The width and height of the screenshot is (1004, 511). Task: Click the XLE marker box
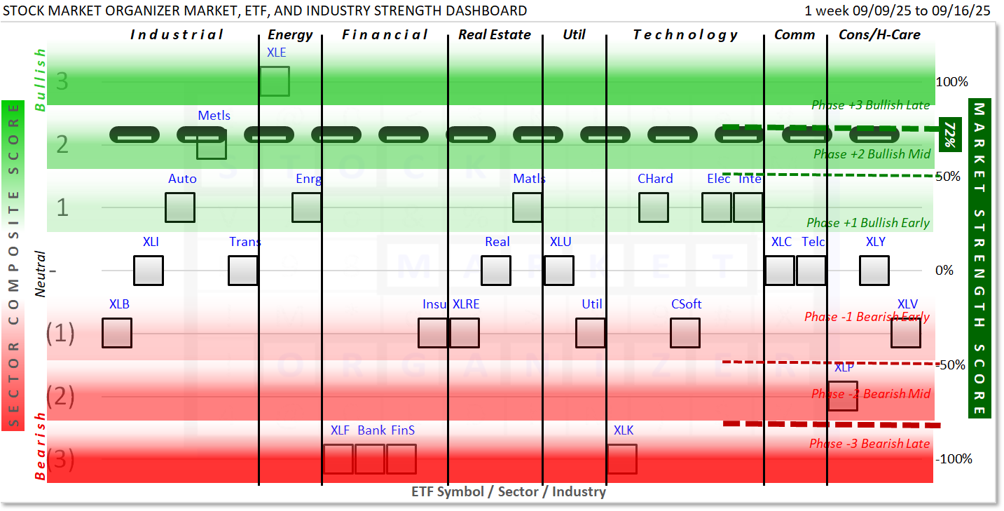coord(275,81)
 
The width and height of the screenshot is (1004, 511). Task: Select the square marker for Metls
coord(211,144)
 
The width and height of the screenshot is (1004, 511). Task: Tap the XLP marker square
coord(842,396)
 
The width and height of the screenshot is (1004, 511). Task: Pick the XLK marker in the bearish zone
coord(621,459)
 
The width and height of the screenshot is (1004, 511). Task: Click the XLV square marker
coord(906,333)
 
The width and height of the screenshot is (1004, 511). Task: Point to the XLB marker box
coord(116,333)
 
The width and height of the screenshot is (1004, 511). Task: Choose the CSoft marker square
coord(685,333)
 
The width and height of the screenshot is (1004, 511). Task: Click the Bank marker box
coord(369,459)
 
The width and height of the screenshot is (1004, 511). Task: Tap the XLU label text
coord(561,242)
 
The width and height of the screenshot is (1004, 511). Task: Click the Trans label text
coord(245,242)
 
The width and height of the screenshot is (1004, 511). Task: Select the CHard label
coord(655,179)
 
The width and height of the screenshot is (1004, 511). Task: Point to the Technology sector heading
coord(685,34)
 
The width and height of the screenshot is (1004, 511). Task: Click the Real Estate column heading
coord(495,34)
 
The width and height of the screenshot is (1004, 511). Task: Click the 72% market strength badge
coord(949,133)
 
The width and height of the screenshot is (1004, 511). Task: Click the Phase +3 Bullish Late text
coord(870,105)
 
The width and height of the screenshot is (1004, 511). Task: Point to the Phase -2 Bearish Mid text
coord(871,394)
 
